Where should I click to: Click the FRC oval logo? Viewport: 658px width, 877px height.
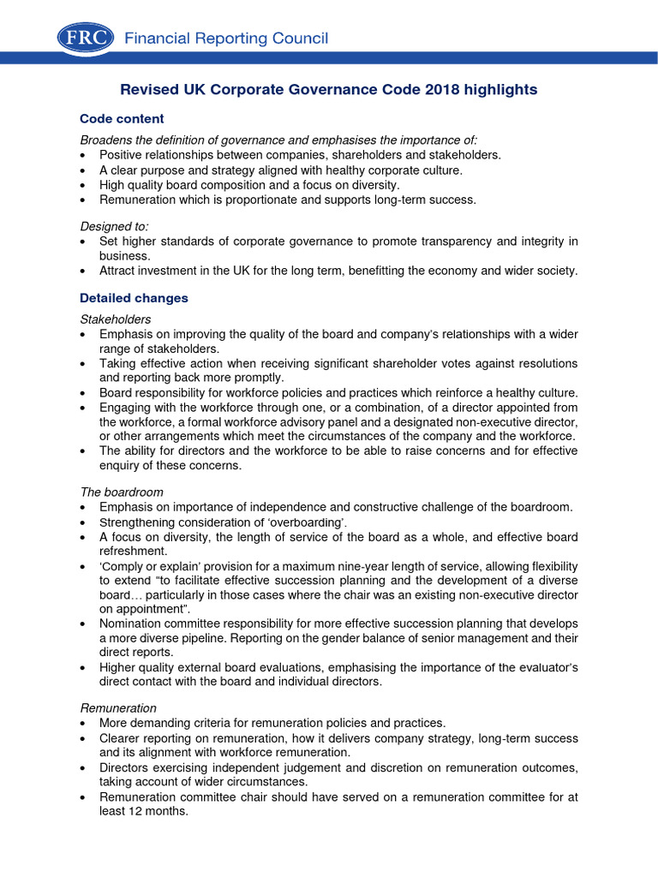click(x=87, y=38)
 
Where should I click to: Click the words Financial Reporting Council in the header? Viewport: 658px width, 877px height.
click(x=226, y=39)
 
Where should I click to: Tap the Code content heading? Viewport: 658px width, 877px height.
click(x=122, y=119)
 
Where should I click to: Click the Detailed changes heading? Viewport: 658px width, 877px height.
click(x=134, y=299)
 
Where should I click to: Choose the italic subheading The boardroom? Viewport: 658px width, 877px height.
click(x=122, y=492)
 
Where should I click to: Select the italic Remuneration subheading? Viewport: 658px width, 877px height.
click(x=118, y=708)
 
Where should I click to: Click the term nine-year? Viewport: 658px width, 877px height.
click(x=388, y=567)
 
